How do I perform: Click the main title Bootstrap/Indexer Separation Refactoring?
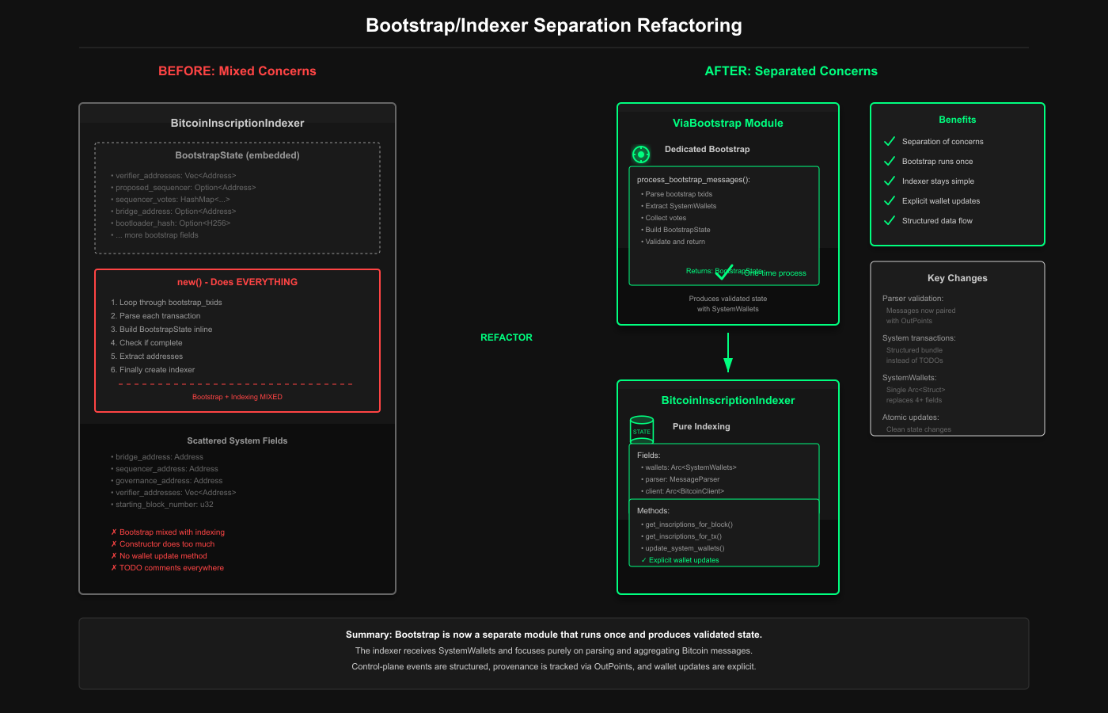pos(554,25)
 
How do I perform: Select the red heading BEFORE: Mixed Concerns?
pos(237,71)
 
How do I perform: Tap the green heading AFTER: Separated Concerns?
pos(791,71)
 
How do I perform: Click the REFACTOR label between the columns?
pos(507,337)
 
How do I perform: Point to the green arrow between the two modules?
pos(728,353)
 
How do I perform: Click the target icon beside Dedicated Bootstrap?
pos(641,154)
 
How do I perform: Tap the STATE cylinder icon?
pos(642,429)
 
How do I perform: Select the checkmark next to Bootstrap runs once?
pos(890,161)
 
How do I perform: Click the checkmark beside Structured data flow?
pos(890,220)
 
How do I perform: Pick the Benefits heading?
pos(958,120)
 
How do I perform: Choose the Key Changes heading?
pos(958,278)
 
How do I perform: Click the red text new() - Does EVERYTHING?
pos(237,282)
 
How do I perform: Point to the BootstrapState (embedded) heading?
pos(237,155)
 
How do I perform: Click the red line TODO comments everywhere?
pos(172,568)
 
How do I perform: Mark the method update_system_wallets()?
pos(685,548)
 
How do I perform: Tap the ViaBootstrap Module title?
pos(728,123)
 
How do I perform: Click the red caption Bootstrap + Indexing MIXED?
pos(237,397)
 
